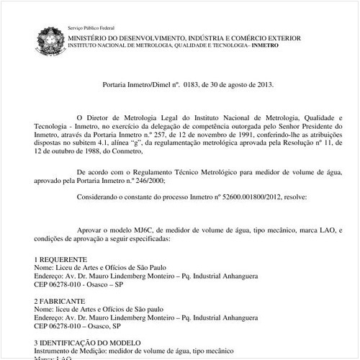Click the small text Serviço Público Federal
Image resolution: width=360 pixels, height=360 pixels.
(x=86, y=27)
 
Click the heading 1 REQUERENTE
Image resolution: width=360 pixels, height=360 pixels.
(x=61, y=258)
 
